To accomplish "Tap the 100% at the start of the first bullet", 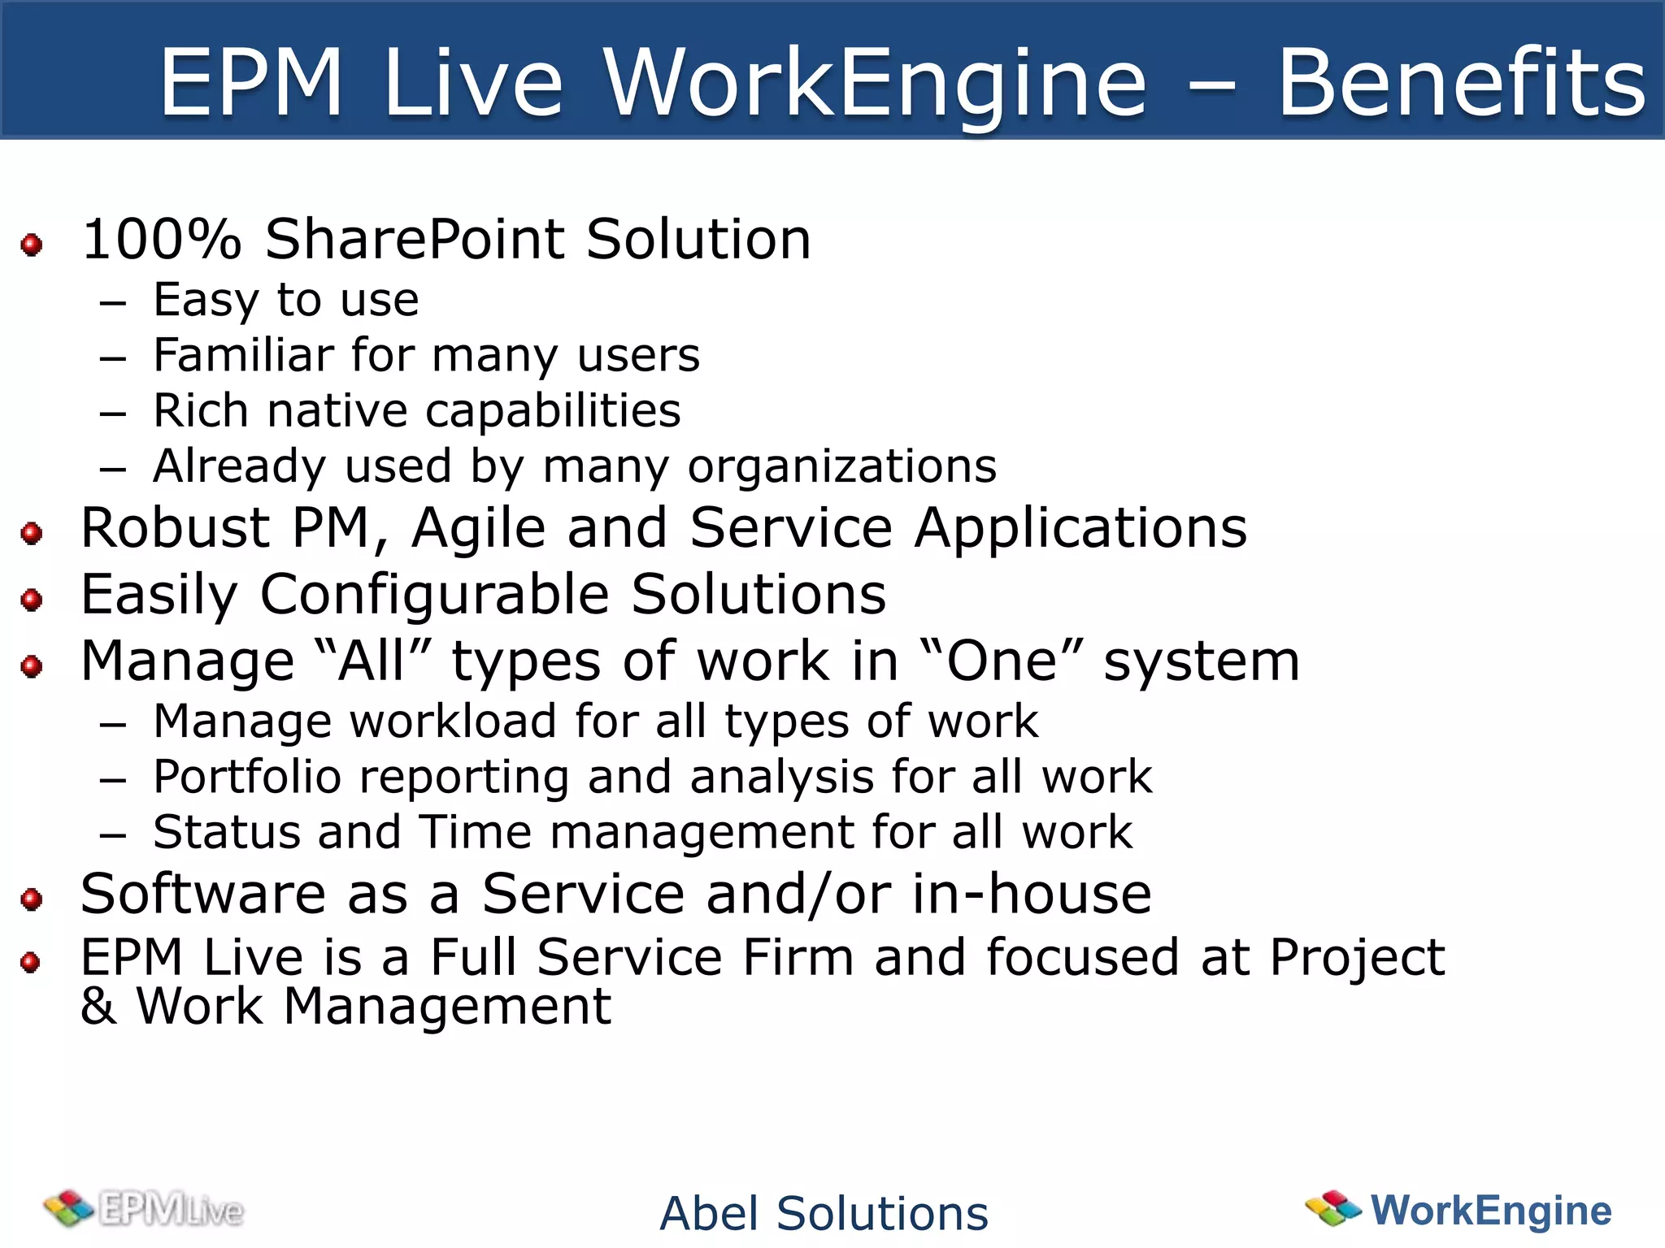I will point(162,240).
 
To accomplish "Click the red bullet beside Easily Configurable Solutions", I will point(32,600).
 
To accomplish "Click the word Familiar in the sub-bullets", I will point(243,356).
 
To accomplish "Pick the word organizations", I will point(841,467).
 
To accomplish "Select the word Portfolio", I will point(247,778).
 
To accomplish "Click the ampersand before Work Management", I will point(98,1007).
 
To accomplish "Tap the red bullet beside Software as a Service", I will point(32,899).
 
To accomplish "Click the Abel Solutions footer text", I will point(824,1214).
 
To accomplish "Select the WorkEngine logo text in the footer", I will point(1490,1211).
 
